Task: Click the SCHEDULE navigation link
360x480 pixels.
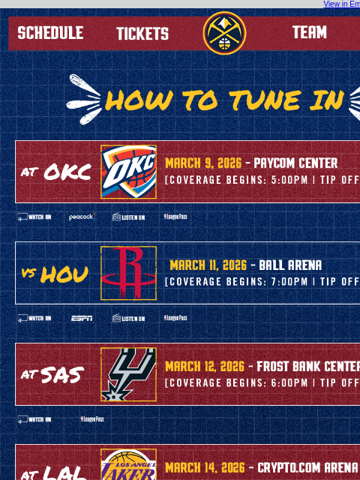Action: coord(50,33)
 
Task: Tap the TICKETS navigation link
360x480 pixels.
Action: coord(142,34)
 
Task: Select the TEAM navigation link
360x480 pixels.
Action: coord(310,32)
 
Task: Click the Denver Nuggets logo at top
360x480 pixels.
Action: coord(224,33)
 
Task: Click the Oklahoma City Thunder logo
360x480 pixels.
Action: coord(129,172)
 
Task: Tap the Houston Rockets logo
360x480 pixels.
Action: coord(129,273)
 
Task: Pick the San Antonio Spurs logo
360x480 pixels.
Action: coord(129,374)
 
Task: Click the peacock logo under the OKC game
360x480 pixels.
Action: coord(82,217)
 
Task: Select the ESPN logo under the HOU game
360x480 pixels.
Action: coord(82,318)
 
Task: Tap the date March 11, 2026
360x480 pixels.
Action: coord(208,265)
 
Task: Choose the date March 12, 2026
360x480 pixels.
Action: coord(205,367)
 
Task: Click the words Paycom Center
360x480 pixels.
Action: coord(295,163)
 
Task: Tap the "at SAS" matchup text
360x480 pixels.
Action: coord(52,374)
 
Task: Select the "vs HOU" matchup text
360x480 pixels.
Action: coord(55,274)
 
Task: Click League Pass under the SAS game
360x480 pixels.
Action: coord(92,419)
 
